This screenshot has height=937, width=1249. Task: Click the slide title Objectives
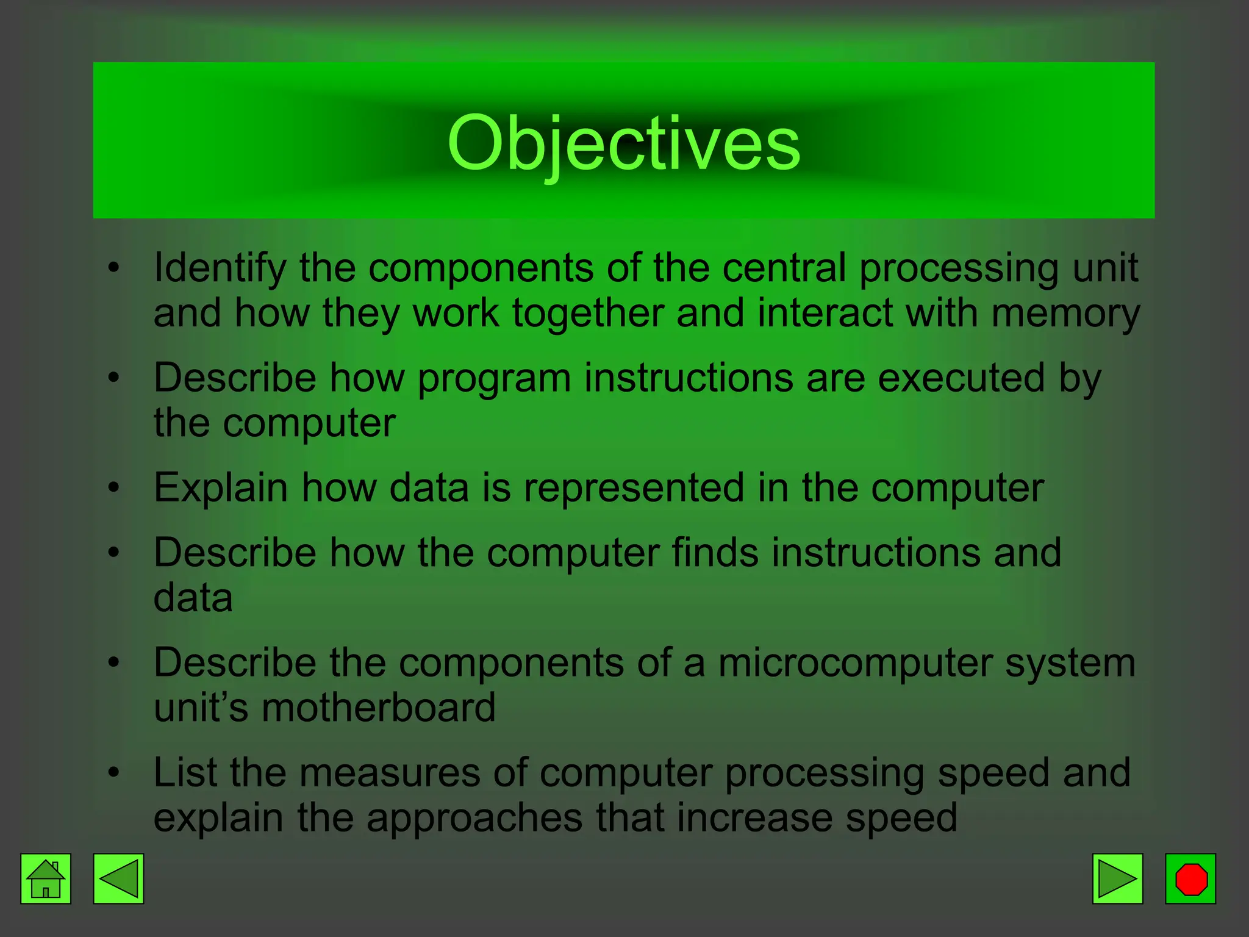(623, 143)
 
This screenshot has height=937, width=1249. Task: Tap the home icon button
(46, 878)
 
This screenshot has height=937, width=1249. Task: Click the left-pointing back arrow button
(118, 878)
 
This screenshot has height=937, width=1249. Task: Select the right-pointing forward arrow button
(1117, 878)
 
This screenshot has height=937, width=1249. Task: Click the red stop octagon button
(1190, 878)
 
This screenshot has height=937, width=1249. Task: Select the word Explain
(221, 488)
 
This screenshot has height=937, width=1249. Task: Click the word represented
(634, 488)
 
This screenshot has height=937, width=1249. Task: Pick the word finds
(715, 553)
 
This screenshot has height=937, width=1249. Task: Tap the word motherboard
(379, 708)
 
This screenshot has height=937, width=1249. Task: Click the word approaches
(474, 818)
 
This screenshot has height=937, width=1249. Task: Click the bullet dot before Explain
(113, 487)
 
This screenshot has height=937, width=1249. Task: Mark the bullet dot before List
(113, 772)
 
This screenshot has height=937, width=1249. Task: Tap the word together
(588, 314)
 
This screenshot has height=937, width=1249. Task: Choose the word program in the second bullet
(494, 379)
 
